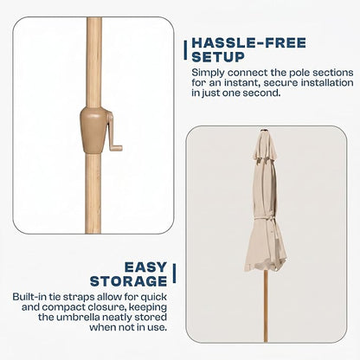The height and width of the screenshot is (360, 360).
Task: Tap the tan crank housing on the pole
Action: pyautogui.click(x=93, y=130)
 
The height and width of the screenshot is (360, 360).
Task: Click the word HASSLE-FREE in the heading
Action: pyautogui.click(x=248, y=43)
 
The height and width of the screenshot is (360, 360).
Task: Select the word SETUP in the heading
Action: pyautogui.click(x=218, y=57)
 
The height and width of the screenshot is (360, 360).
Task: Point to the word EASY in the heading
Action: pyautogui.click(x=145, y=267)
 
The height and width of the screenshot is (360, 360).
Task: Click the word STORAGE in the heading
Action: pyautogui.click(x=129, y=281)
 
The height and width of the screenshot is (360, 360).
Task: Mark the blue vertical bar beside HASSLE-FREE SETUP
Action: pyautogui.click(x=185, y=50)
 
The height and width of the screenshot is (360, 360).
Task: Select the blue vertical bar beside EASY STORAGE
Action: pyautogui.click(x=174, y=273)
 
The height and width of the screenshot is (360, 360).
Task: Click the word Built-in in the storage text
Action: pyautogui.click(x=29, y=297)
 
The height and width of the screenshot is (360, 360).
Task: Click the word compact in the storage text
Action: pyautogui.click(x=63, y=308)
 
